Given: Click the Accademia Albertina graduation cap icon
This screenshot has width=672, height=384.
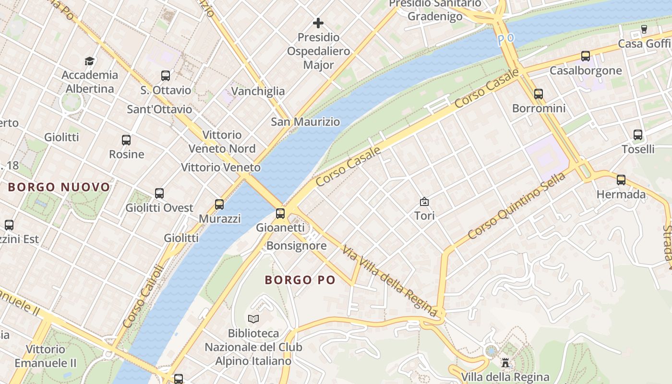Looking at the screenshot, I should (x=89, y=61).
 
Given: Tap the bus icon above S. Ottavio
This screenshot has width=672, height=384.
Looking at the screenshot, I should (x=166, y=76).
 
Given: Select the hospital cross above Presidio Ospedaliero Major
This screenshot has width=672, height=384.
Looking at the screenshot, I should (x=318, y=23).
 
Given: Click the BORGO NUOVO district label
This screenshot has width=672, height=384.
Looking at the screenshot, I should (x=59, y=187).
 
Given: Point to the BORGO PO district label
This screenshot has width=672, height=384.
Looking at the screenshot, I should (x=300, y=280).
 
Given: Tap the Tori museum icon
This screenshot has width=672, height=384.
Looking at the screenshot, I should (x=424, y=202).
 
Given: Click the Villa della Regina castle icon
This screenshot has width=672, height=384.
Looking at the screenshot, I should (x=505, y=362).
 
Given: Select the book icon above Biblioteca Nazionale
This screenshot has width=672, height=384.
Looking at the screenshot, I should (x=253, y=319).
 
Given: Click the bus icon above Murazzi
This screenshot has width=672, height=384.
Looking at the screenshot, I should (x=219, y=204).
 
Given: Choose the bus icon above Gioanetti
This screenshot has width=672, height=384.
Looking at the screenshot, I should (x=280, y=213).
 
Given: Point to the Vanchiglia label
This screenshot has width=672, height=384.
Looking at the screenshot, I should (x=258, y=91).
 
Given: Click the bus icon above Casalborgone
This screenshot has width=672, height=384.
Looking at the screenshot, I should (x=586, y=56).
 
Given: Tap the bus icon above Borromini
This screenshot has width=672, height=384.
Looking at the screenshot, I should (x=539, y=94).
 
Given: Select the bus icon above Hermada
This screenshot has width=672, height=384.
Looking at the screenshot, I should (x=621, y=180).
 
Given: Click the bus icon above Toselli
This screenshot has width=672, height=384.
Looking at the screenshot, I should (x=638, y=135).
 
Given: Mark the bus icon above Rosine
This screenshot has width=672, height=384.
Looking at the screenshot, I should (x=126, y=140).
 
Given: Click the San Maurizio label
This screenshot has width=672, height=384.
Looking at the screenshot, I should (x=305, y=121).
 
